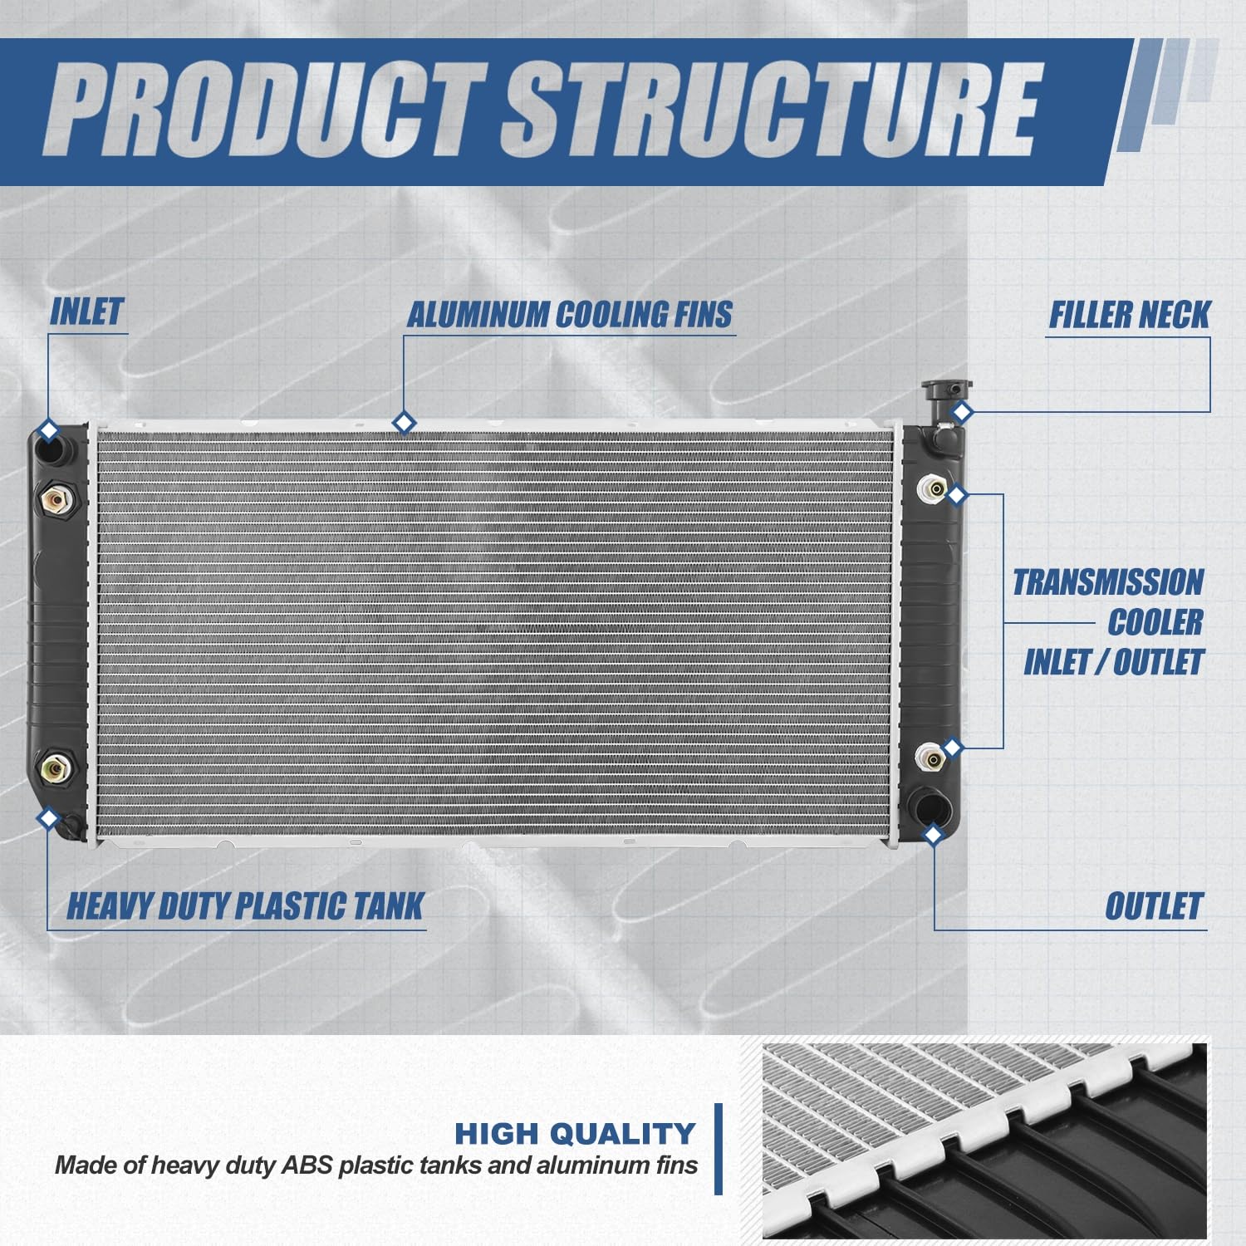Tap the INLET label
86,312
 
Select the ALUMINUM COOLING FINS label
569,315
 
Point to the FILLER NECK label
1129,315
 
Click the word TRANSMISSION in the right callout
1107,582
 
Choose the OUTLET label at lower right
1154,906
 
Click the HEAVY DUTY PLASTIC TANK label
245,906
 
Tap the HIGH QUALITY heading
575,1133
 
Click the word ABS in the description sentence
305,1165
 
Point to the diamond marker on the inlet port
49,431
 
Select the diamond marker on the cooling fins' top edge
404,423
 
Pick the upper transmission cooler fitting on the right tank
932,489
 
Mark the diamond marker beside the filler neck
962,412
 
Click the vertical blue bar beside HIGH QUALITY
719,1149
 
